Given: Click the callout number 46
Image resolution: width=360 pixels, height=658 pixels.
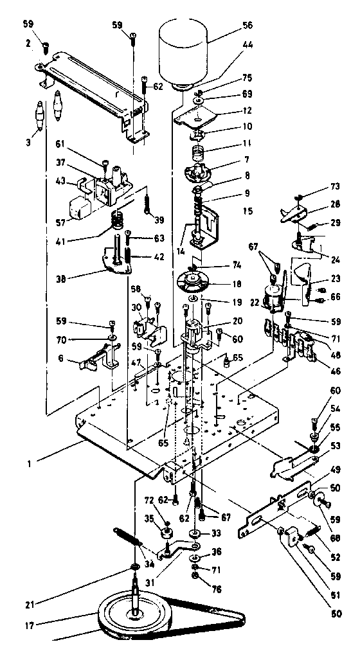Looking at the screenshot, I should coord(334,370).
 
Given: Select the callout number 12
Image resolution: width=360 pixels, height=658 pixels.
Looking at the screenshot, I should coord(247,110).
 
